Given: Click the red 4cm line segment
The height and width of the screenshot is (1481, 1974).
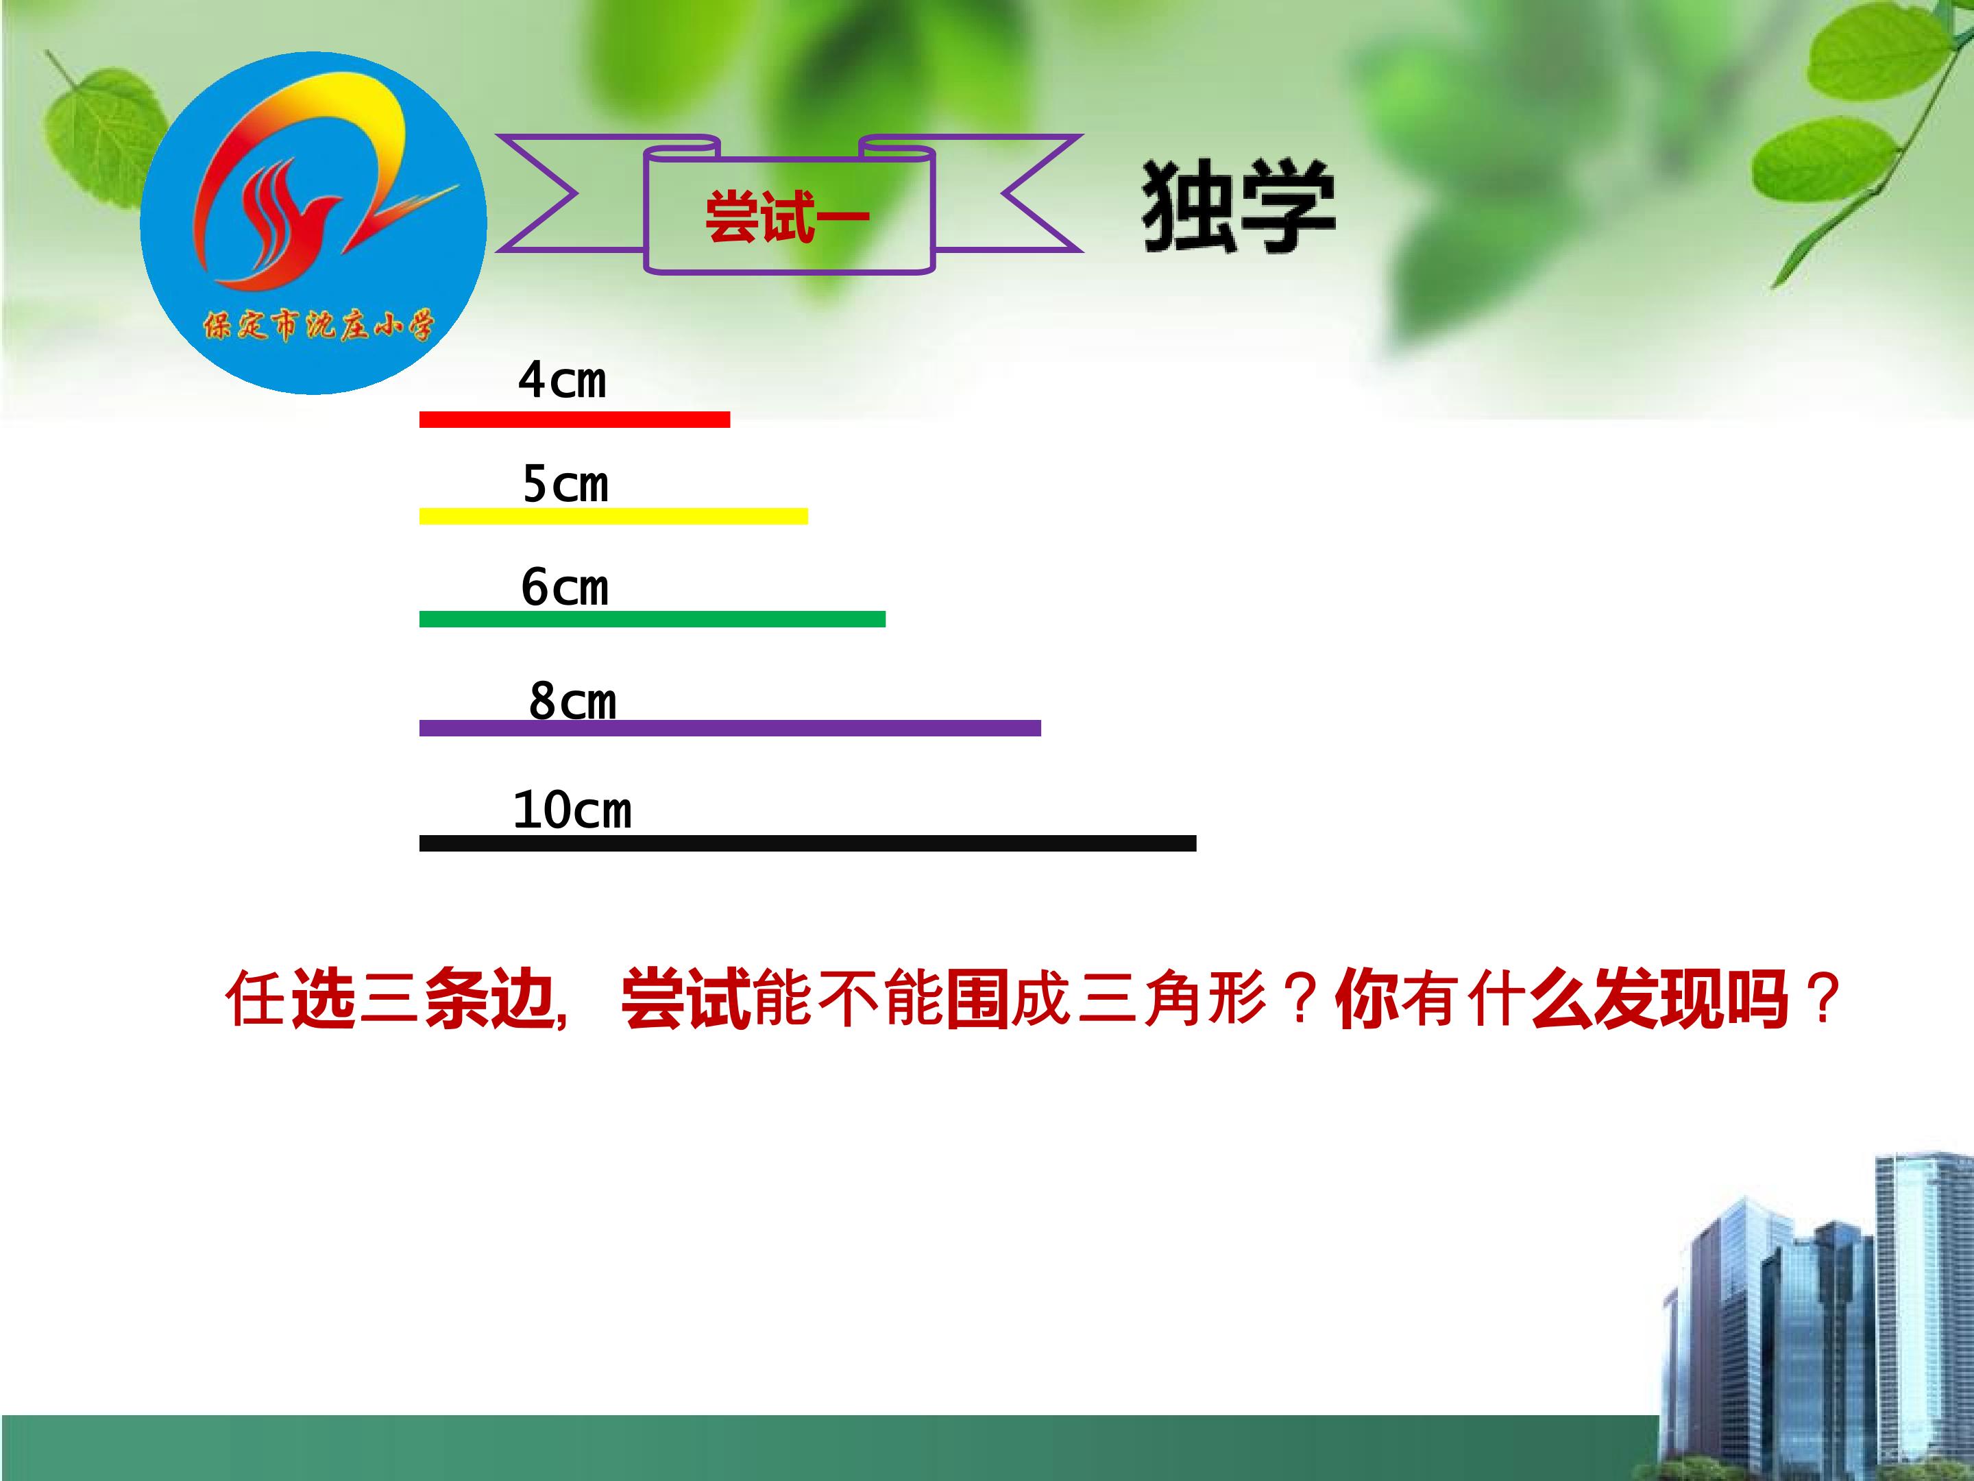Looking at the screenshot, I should [574, 420].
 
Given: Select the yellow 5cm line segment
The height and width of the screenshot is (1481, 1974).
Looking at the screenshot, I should [613, 516].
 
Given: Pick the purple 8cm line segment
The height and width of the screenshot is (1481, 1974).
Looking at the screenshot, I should [729, 727].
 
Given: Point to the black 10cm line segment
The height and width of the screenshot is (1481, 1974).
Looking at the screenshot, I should [807, 843].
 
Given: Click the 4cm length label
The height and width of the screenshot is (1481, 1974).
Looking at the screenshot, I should [562, 381].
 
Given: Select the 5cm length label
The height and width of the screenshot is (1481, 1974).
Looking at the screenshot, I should [565, 485].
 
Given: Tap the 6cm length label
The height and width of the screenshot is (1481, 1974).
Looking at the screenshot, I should [565, 588].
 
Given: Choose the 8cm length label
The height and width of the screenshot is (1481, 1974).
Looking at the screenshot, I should [572, 701].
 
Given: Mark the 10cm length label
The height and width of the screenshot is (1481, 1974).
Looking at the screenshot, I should [572, 810].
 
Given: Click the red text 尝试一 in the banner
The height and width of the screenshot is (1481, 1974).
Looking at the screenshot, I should [786, 217].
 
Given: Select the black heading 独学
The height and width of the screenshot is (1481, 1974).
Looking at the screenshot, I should [1238, 207].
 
